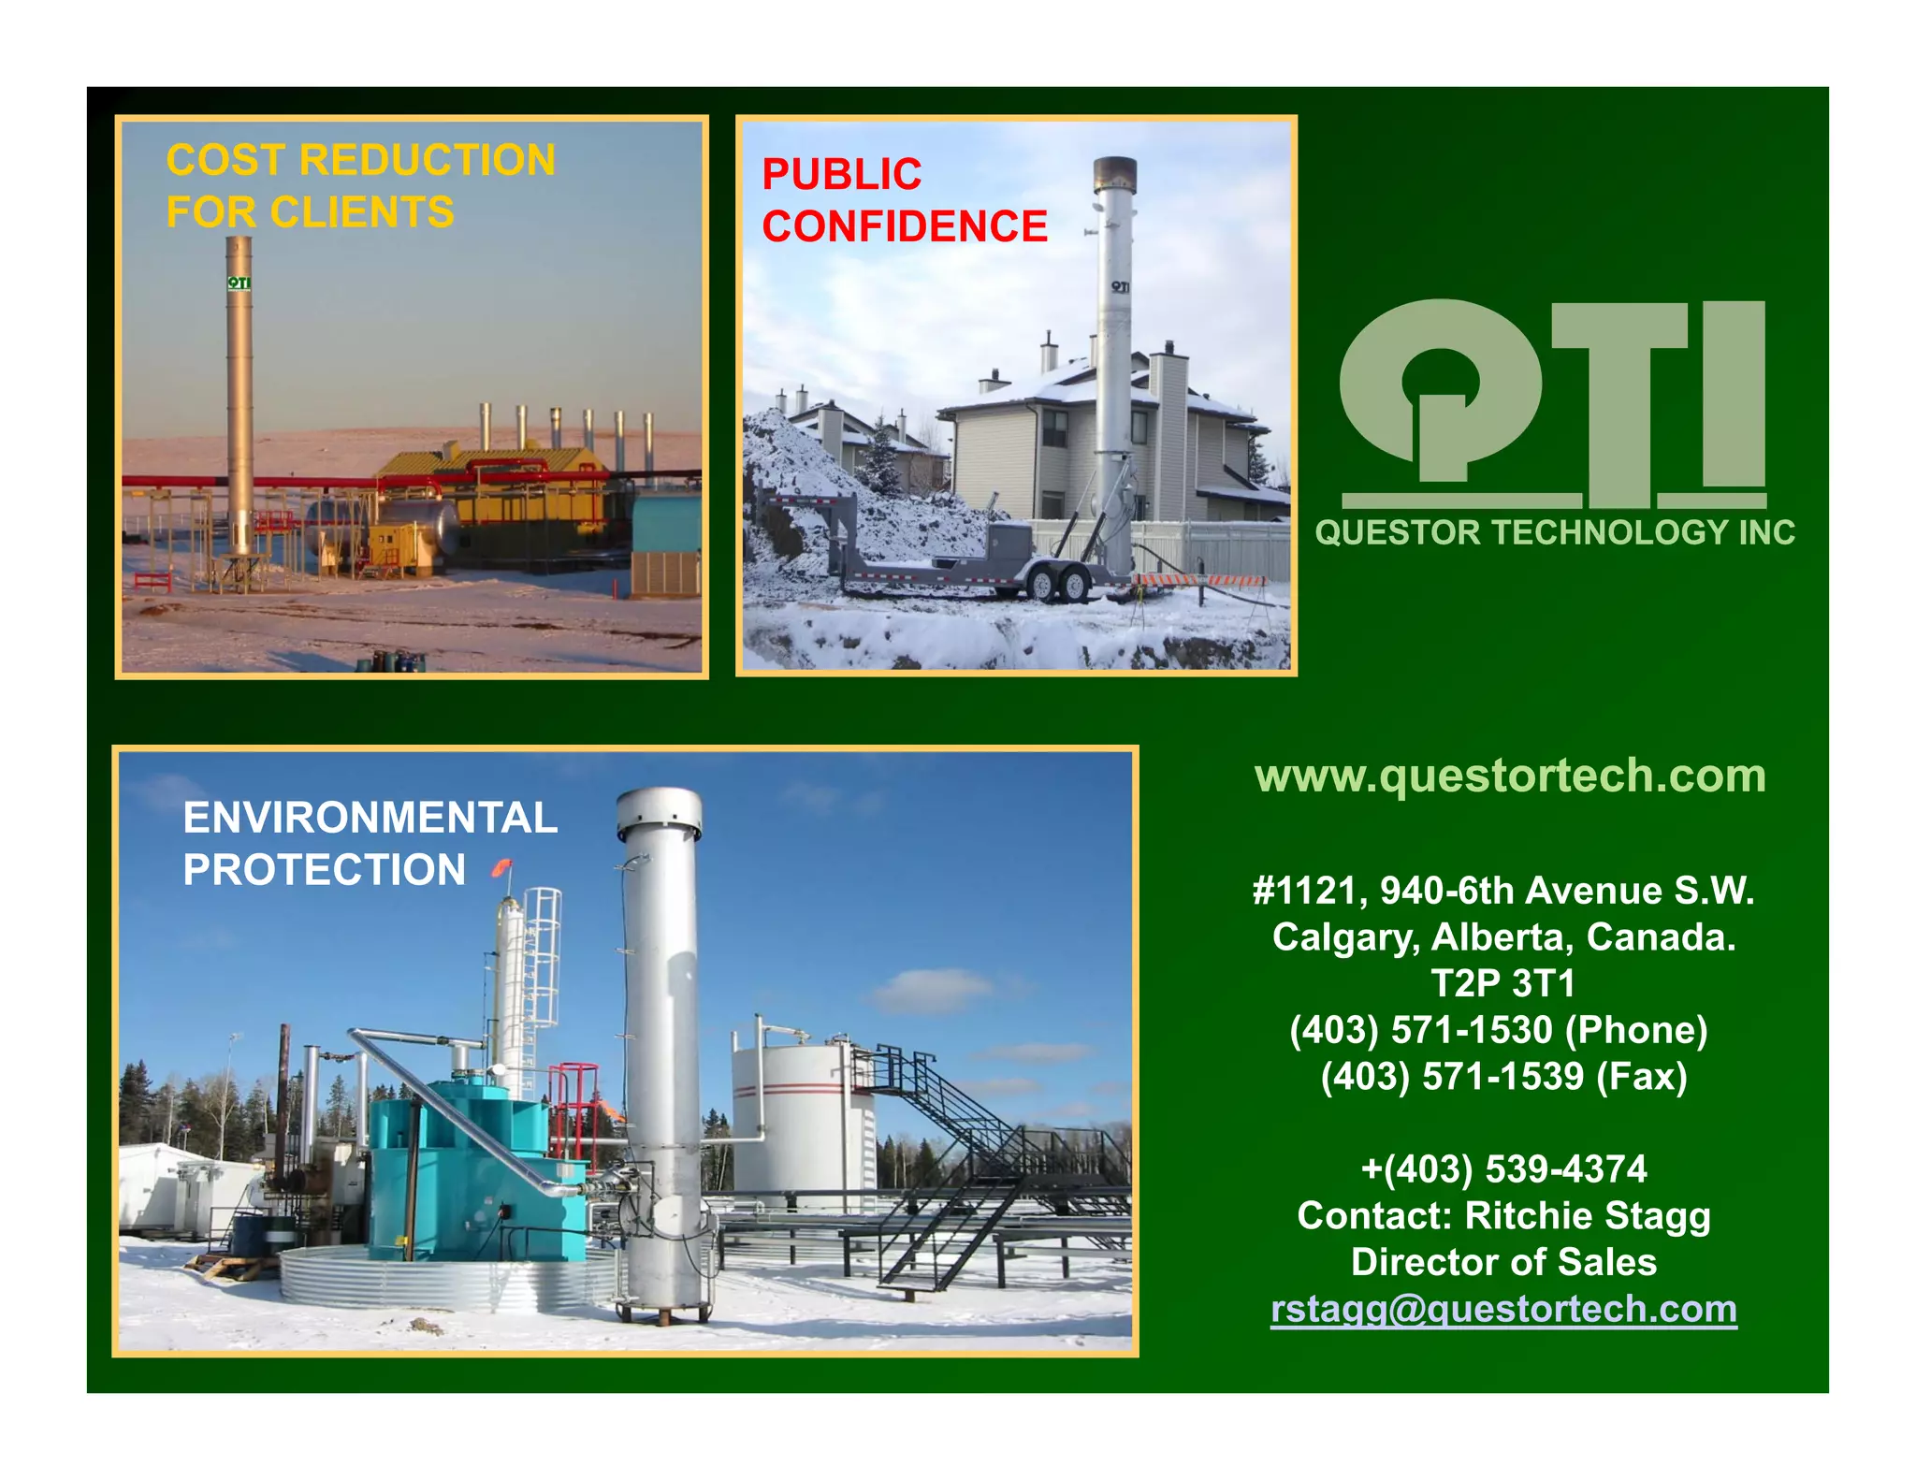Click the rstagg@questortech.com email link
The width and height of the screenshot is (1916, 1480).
tap(1503, 1309)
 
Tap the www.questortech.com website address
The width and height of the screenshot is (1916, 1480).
tap(1510, 776)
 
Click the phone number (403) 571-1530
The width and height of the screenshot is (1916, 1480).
tap(1420, 1030)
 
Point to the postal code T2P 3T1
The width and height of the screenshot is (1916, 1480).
tap(1502, 983)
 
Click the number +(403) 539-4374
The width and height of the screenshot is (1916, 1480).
tap(1503, 1169)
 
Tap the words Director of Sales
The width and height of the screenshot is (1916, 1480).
tap(1503, 1263)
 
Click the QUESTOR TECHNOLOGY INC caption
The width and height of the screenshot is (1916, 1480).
tap(1554, 533)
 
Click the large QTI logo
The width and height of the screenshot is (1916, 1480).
tap(1552, 402)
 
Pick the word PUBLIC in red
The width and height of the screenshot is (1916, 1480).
tap(842, 175)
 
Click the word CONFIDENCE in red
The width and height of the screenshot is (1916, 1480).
tap(905, 226)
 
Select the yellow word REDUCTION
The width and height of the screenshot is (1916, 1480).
tap(428, 160)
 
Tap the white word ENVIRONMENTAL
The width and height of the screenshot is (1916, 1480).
tap(370, 818)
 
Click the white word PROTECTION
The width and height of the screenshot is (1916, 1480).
tap(324, 870)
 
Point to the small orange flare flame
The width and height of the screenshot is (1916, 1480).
tap(502, 868)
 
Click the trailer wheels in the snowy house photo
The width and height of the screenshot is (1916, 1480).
tap(1057, 584)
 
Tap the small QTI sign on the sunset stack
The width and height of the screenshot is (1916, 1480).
tap(239, 283)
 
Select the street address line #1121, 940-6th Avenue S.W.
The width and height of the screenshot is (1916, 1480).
tap(1503, 891)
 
